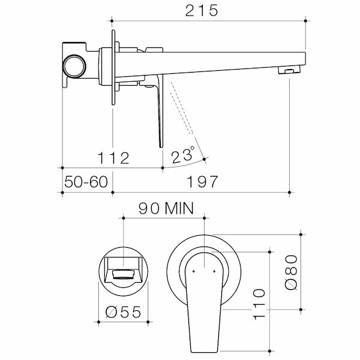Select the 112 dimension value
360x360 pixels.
click(x=113, y=158)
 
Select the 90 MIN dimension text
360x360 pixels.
click(x=166, y=209)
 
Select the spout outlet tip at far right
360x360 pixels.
click(x=290, y=71)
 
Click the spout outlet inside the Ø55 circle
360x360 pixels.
click(x=123, y=274)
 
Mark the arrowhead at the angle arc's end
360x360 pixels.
click(x=205, y=159)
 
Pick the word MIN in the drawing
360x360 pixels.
click(x=179, y=209)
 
